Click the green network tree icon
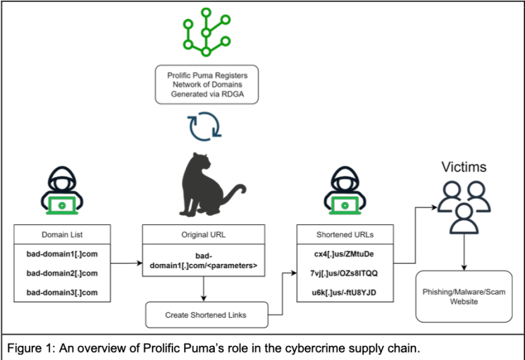pyautogui.click(x=205, y=32)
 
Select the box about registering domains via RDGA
pyautogui.click(x=205, y=85)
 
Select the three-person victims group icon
pyautogui.click(x=463, y=204)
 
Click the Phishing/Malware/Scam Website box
pyautogui.click(x=463, y=297)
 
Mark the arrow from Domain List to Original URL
pyautogui.click(x=126, y=265)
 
